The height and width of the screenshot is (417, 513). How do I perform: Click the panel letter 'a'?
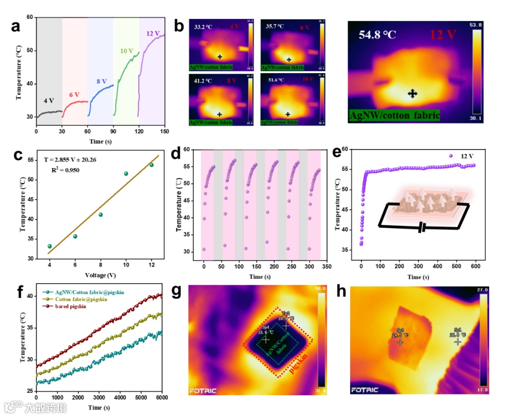(x=16, y=27)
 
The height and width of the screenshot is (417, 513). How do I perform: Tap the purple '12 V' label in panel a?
(x=153, y=33)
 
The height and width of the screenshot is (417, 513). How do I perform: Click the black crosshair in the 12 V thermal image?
(x=413, y=94)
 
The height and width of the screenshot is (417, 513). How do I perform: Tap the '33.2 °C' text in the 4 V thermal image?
(x=203, y=28)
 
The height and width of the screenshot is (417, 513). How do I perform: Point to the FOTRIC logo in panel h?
(x=365, y=390)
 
